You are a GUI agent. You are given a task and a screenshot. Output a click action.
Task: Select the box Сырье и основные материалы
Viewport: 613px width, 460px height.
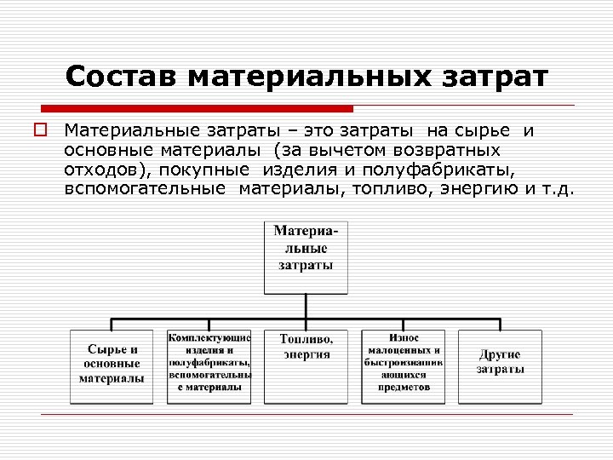112,365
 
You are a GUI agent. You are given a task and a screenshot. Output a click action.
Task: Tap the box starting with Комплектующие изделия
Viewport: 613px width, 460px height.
209,365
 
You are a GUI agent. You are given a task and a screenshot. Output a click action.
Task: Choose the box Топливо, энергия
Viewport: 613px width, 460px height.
306,365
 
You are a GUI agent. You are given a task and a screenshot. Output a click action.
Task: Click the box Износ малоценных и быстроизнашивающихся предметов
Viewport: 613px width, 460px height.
404,365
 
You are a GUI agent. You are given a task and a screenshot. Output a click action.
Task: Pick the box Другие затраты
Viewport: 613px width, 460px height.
500,365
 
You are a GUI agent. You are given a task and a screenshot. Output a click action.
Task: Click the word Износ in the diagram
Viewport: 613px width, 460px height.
404,338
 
